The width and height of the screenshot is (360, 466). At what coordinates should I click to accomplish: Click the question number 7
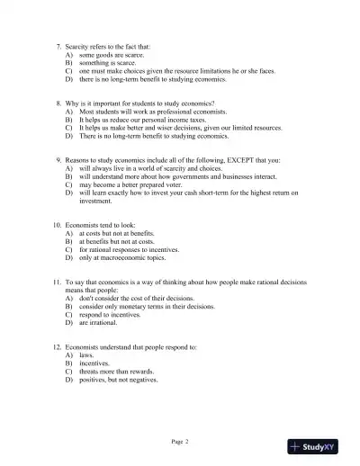tap(58, 45)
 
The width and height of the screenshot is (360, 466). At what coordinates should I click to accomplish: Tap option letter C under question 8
tap(68, 128)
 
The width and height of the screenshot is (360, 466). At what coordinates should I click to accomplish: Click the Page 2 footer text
tap(180, 441)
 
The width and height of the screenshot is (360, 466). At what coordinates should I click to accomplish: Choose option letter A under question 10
tap(68, 232)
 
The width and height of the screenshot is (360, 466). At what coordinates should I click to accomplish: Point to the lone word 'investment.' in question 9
tap(96, 201)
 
